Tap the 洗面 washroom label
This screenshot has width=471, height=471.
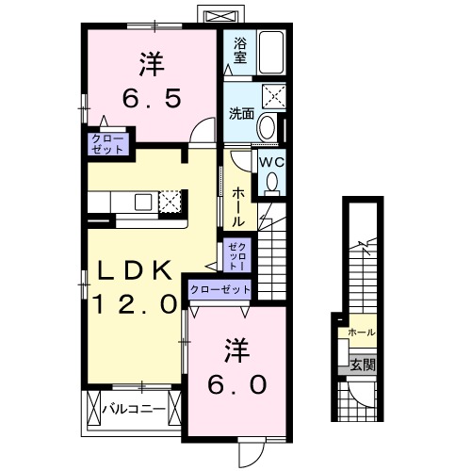pyautogui.click(x=241, y=115)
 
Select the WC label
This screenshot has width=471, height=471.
pyautogui.click(x=272, y=161)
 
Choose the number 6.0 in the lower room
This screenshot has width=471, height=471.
pyautogui.click(x=237, y=384)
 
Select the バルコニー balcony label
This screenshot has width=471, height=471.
pyautogui.click(x=134, y=410)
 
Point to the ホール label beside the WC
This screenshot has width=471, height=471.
pyautogui.click(x=237, y=205)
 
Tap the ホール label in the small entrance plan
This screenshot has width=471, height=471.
pyautogui.click(x=362, y=333)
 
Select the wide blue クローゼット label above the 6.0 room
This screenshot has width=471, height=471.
pyautogui.click(x=220, y=290)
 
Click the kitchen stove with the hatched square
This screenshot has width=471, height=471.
pyautogui.click(x=171, y=200)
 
